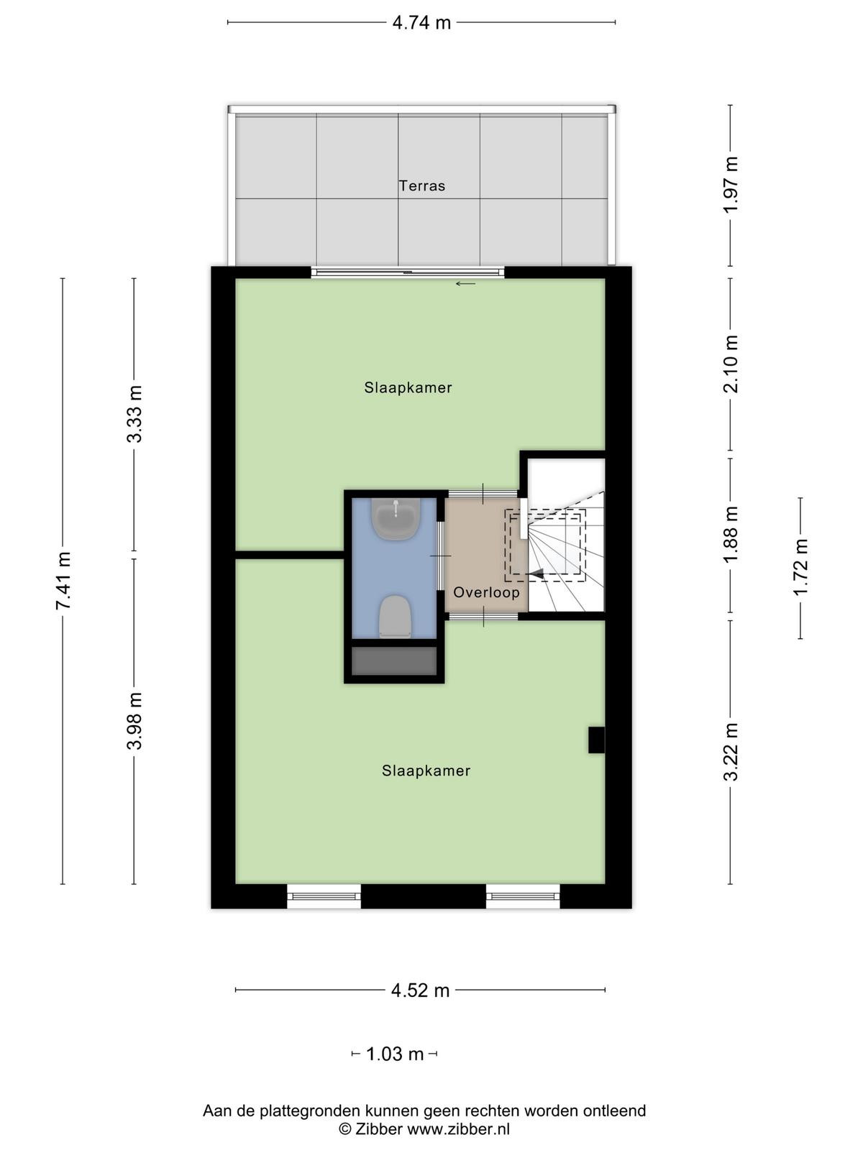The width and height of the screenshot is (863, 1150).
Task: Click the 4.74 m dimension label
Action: (x=421, y=22)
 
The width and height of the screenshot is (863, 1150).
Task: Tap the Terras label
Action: (x=422, y=186)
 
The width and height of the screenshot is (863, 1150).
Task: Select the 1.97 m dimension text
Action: (x=731, y=185)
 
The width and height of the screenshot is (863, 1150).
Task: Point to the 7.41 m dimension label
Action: (x=63, y=581)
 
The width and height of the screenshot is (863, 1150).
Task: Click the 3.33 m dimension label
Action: (x=134, y=414)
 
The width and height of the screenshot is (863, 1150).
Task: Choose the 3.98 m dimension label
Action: (x=134, y=721)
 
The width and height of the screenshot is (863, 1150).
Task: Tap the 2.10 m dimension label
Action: (x=731, y=364)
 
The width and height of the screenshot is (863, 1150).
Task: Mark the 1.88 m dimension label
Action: (x=731, y=535)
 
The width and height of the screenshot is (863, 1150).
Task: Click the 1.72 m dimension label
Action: (x=800, y=567)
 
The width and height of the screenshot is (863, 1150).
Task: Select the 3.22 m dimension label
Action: (x=731, y=752)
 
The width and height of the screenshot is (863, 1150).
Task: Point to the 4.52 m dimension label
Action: (x=420, y=990)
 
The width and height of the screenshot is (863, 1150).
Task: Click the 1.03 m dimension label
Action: (x=395, y=1054)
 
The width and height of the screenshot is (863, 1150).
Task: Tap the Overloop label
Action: (x=486, y=592)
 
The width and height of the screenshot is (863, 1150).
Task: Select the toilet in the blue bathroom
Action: (x=395, y=617)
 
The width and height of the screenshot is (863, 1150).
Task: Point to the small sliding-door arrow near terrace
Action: (x=465, y=284)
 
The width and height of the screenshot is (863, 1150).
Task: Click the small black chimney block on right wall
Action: (x=596, y=740)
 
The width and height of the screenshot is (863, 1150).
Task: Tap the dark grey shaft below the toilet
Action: (x=394, y=661)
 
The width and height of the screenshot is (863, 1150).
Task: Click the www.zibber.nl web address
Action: (x=459, y=1129)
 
